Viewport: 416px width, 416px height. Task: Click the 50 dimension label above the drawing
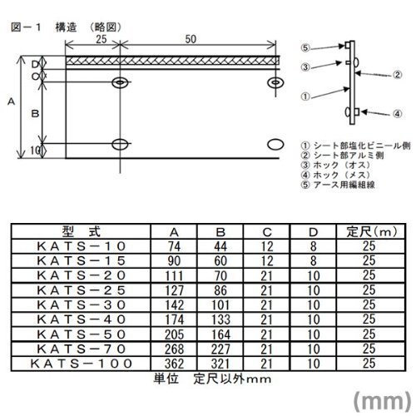point(191,39)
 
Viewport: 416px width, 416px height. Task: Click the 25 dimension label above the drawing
point(102,39)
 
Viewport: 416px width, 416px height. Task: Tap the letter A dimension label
point(12,102)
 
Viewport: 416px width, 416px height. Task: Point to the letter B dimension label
point(35,114)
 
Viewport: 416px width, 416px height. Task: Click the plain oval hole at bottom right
point(275,145)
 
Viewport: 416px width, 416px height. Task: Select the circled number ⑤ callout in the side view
point(305,48)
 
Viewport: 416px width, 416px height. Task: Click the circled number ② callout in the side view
point(397,75)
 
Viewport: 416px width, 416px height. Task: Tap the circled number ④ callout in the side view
point(397,114)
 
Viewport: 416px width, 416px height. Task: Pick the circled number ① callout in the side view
point(305,97)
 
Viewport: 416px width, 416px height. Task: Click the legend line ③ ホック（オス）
point(335,165)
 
